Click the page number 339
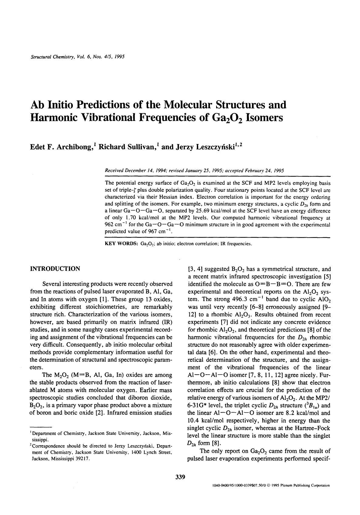click(x=180, y=477)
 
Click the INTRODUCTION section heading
click(x=55, y=269)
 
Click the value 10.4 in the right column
click(x=194, y=421)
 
